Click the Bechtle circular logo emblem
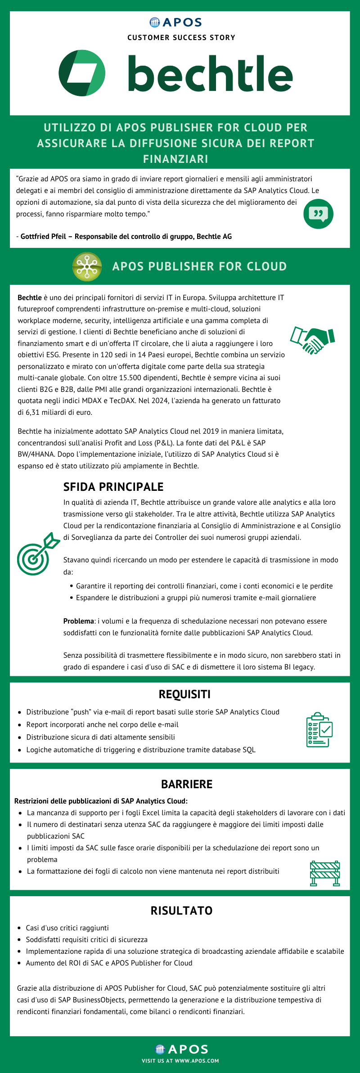click(82, 73)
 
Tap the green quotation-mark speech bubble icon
click(319, 214)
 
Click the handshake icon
click(312, 340)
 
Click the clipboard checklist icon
click(319, 729)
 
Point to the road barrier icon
click(325, 873)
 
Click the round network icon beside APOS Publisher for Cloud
click(87, 266)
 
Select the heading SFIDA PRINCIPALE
click(113, 487)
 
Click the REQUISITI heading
click(184, 694)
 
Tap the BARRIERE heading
click(187, 784)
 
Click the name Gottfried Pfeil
click(43, 237)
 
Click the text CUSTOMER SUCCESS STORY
click(181, 38)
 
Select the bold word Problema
click(78, 621)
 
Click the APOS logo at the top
click(176, 22)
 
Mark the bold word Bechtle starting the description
click(30, 298)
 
